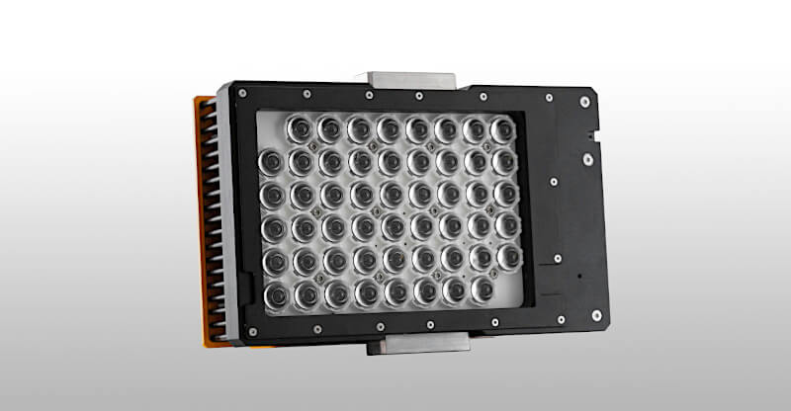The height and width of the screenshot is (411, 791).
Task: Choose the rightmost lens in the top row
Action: click(501, 131)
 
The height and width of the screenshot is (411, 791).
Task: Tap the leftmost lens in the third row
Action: click(270, 193)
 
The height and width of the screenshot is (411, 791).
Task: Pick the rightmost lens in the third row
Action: click(506, 194)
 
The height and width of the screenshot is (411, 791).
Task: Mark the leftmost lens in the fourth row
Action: click(271, 227)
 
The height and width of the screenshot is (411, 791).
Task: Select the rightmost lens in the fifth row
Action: click(508, 258)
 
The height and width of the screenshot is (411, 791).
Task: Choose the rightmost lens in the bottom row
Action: click(482, 288)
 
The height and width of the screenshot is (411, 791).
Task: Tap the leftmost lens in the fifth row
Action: click(272, 261)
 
